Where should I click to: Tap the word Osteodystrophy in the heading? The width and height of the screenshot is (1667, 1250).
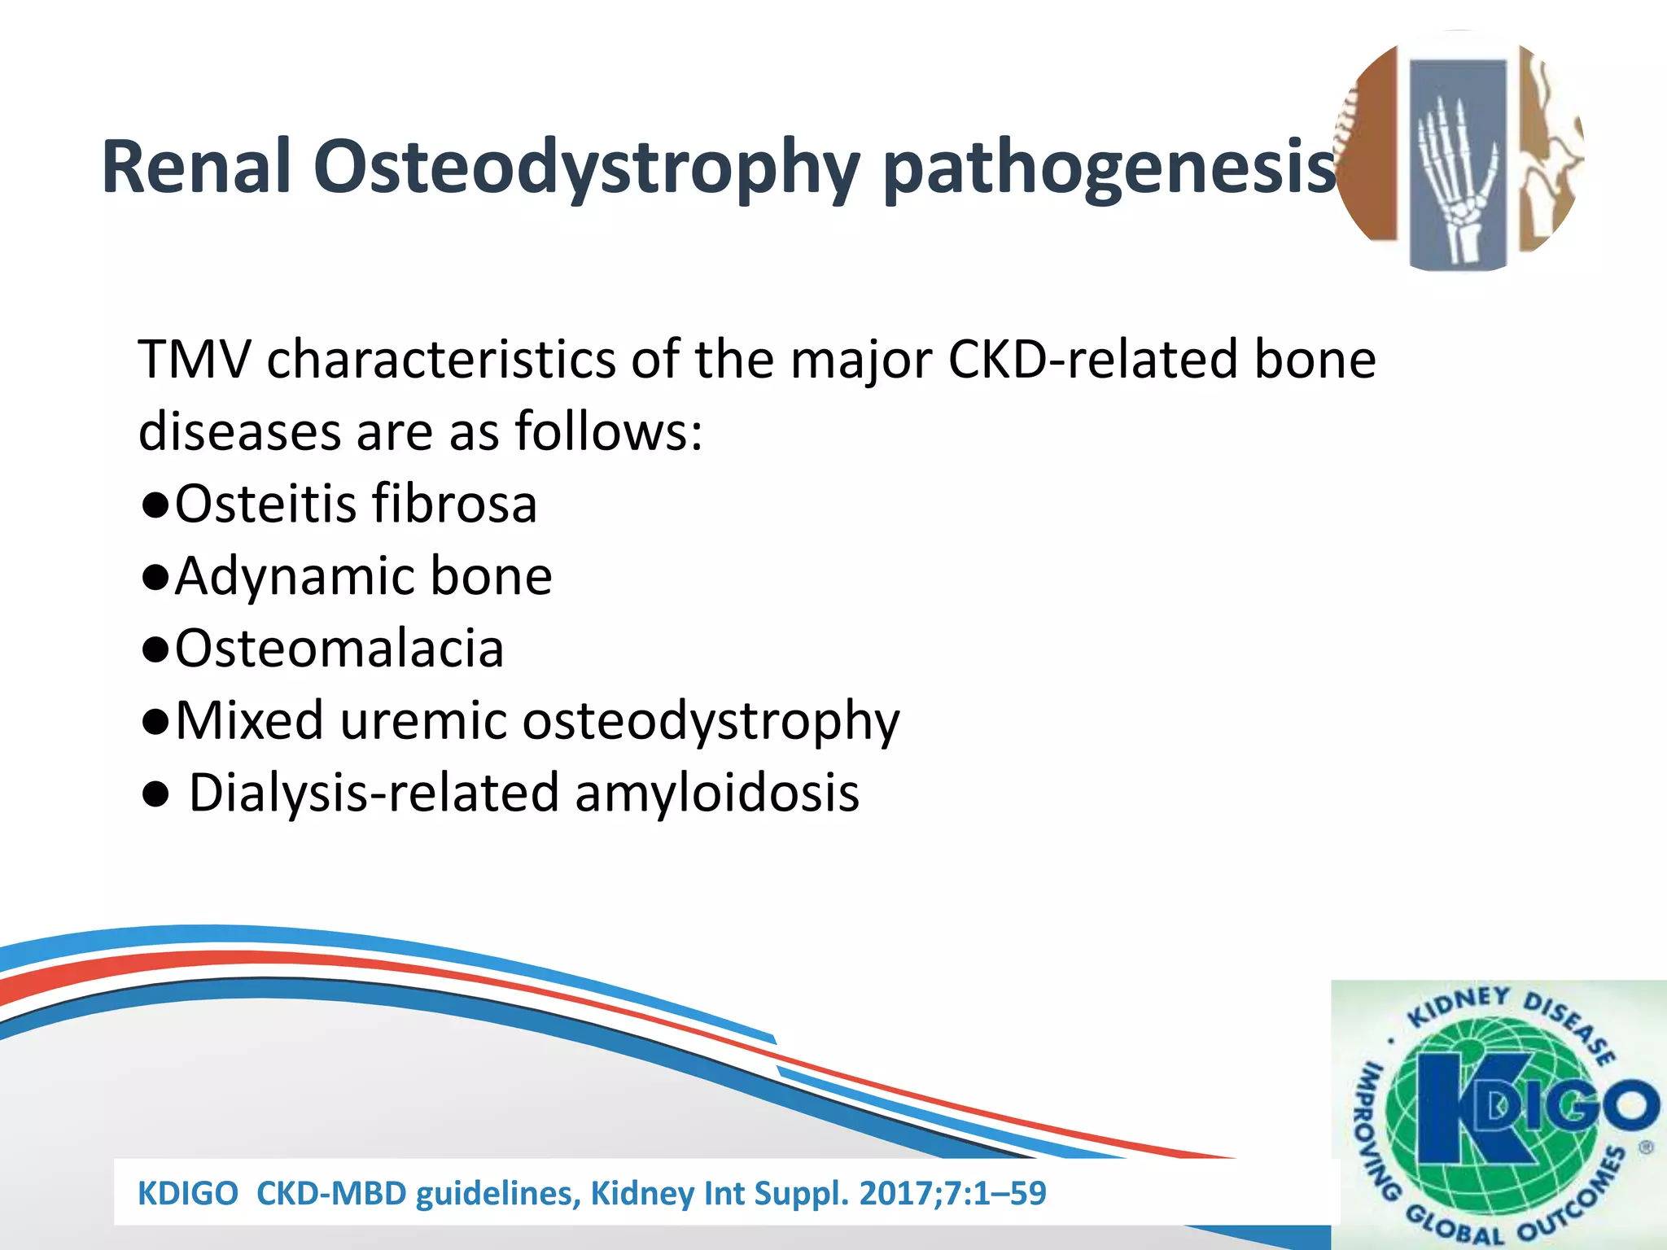pos(586,169)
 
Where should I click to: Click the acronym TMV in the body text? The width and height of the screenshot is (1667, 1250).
pos(195,360)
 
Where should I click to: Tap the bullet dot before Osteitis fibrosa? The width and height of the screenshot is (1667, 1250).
pos(155,505)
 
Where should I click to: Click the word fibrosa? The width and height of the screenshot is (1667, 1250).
pos(454,504)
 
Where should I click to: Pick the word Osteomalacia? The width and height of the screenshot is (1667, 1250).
pos(339,649)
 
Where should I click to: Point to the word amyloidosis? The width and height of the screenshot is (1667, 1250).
pos(717,793)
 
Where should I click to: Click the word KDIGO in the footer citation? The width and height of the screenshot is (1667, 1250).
pos(188,1194)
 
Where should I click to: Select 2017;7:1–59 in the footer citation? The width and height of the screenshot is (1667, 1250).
pos(952,1194)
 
